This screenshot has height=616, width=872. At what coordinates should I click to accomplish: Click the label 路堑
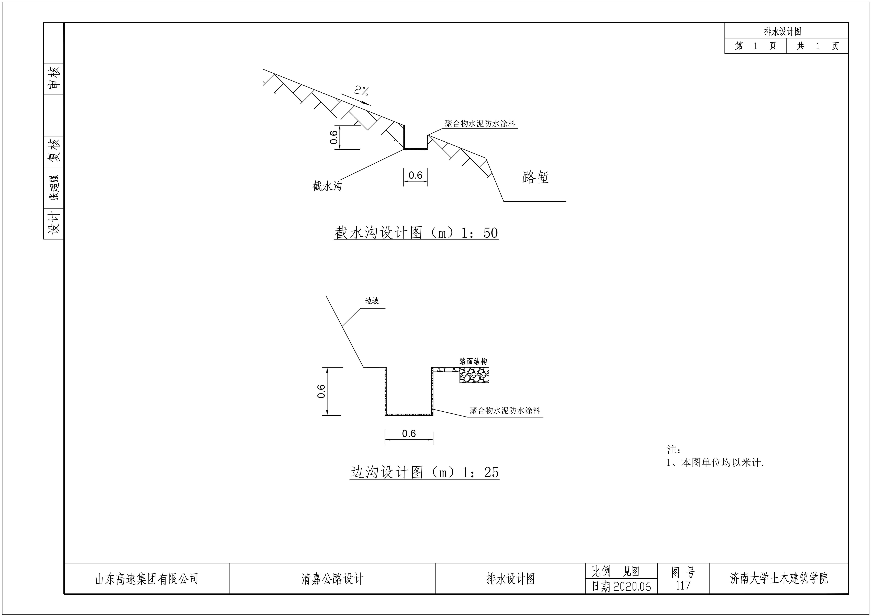[x=535, y=177]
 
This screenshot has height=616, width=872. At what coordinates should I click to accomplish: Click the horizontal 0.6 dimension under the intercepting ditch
[x=416, y=175]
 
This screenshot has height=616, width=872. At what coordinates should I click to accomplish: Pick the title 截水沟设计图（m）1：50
[x=416, y=233]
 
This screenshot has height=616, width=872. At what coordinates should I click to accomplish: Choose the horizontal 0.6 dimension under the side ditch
[x=409, y=433]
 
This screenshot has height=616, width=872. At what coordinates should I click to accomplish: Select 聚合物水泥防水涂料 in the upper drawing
[x=480, y=124]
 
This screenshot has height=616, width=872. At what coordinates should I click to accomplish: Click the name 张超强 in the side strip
[x=53, y=188]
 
